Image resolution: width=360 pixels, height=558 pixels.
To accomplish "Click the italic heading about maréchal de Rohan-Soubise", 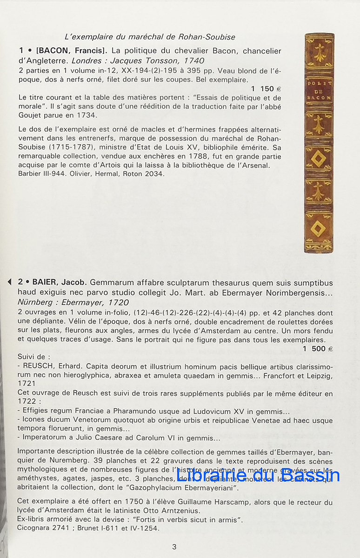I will [x=149, y=37].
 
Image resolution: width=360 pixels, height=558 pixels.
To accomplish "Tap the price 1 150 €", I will [x=266, y=88].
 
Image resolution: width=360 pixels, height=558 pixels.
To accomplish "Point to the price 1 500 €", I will [x=318, y=348].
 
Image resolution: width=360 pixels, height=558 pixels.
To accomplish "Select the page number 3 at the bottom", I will [x=174, y=547].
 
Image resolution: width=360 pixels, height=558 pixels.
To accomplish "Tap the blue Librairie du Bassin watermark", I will [x=258, y=475].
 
